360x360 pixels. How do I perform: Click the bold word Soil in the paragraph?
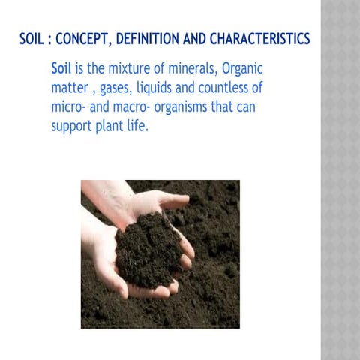coord(61,68)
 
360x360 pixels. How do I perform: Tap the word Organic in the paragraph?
coord(244,69)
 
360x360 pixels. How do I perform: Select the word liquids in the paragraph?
coord(174,88)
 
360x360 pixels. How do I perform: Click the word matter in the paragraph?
coord(70,88)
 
